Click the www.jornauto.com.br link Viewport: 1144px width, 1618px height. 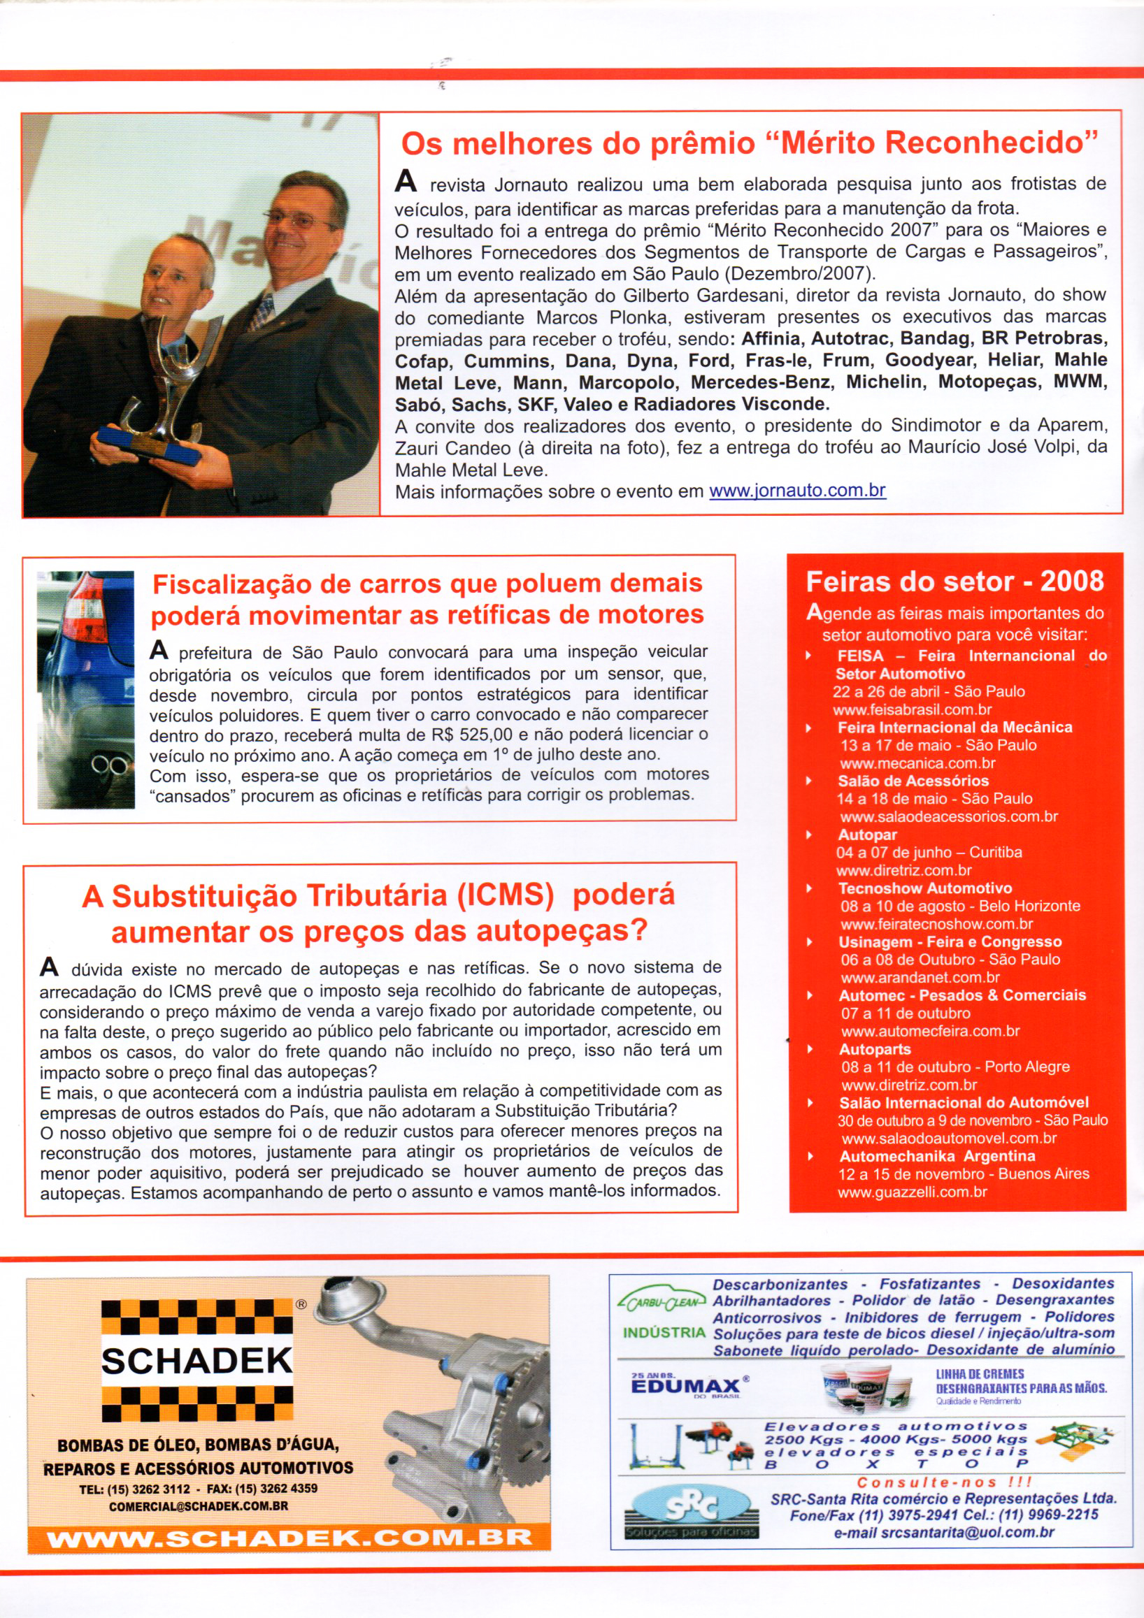point(796,491)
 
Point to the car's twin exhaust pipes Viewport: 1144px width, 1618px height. point(110,764)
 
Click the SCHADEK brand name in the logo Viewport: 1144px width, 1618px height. point(196,1360)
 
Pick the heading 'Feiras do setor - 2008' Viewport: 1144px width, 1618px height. point(954,582)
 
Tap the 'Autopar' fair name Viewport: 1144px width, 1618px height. point(867,835)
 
